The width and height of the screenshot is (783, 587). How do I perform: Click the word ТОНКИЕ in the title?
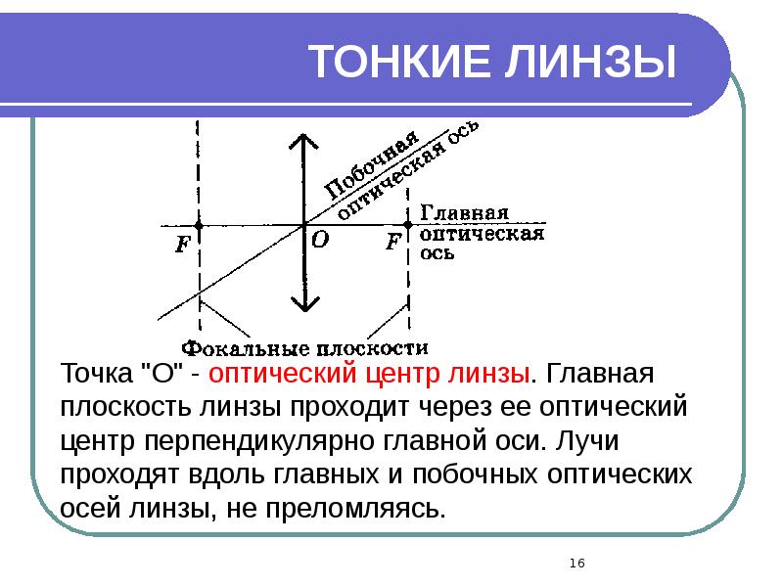389,63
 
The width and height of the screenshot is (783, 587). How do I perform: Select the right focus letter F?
392,242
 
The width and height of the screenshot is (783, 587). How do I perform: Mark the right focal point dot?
409,224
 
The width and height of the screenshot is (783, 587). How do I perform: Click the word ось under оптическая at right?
437,253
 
